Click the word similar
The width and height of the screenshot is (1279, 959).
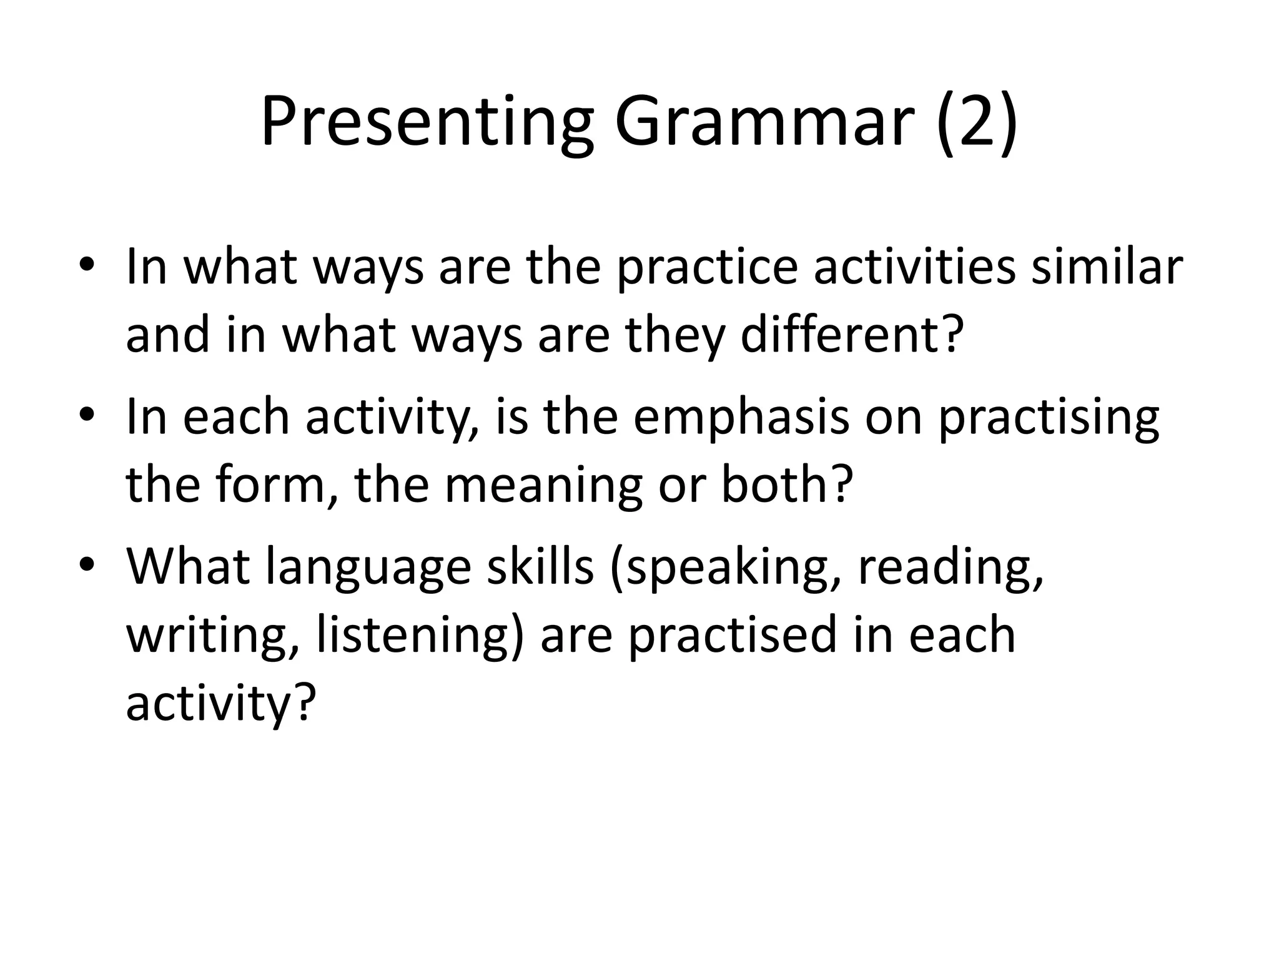click(x=1106, y=267)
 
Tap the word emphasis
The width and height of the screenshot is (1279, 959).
click(x=741, y=417)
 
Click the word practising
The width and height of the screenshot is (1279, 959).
click(x=1049, y=417)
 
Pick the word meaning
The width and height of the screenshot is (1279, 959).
click(x=543, y=486)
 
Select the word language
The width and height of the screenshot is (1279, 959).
click(x=368, y=567)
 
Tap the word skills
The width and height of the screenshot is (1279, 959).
click(x=540, y=567)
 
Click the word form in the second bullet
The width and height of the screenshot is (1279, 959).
click(x=272, y=486)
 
